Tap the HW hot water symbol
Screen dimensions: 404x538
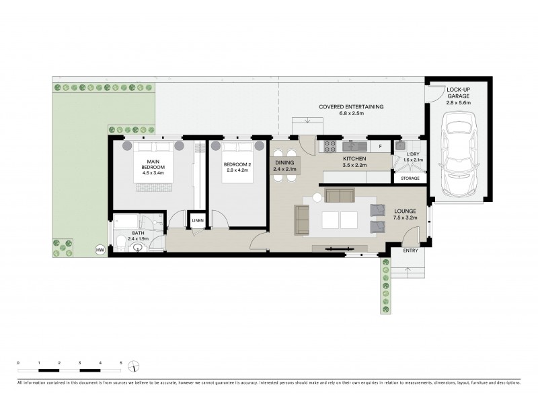click(x=101, y=250)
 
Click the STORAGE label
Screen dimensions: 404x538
click(x=410, y=178)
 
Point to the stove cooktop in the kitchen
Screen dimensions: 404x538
click(x=330, y=145)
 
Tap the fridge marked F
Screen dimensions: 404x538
click(x=380, y=146)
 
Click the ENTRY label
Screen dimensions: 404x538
click(x=410, y=251)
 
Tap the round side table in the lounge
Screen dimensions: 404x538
click(x=317, y=199)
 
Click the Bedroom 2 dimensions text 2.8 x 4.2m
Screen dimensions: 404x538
click(x=238, y=170)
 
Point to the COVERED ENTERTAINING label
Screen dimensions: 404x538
click(x=351, y=106)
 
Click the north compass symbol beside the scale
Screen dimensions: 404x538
click(x=136, y=367)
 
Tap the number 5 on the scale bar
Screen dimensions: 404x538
click(x=121, y=363)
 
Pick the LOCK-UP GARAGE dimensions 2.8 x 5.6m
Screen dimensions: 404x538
click(x=459, y=103)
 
